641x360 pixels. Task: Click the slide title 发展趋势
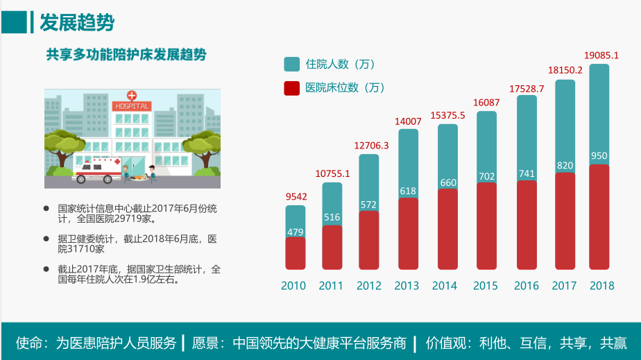tap(77, 22)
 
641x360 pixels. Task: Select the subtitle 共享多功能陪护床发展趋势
tap(126, 55)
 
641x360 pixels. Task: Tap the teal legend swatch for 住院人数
tap(292, 65)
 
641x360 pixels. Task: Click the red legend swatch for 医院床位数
tap(292, 88)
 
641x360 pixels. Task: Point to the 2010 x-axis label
tap(293, 286)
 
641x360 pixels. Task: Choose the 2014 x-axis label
tap(445, 286)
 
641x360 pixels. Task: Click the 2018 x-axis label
tap(601, 286)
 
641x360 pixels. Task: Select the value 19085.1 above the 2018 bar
tap(601, 55)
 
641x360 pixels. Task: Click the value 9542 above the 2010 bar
tap(296, 196)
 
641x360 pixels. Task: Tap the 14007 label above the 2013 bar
tap(408, 121)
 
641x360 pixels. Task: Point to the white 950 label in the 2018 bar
tap(599, 156)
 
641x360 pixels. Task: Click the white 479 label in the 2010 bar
tap(296, 231)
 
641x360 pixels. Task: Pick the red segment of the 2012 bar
tap(369, 240)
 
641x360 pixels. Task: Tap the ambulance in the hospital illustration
tap(97, 170)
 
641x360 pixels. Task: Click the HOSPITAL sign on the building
tap(132, 107)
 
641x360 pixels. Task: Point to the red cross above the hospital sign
tap(132, 95)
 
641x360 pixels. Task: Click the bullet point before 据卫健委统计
tap(47, 238)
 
